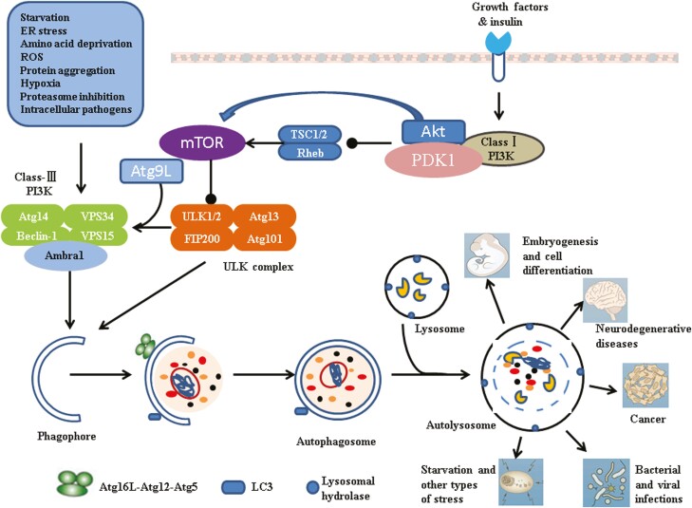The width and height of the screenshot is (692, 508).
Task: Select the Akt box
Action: coord(433,132)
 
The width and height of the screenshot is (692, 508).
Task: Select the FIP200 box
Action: coord(197,239)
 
